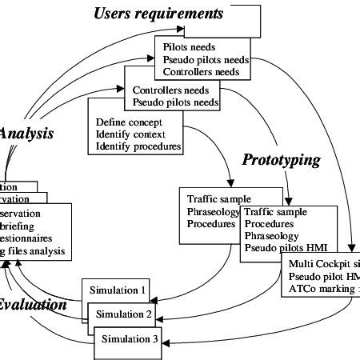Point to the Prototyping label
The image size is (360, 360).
point(282,160)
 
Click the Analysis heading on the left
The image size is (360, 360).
point(26,134)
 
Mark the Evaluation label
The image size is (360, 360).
point(32,304)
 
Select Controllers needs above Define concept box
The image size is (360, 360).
point(168,89)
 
